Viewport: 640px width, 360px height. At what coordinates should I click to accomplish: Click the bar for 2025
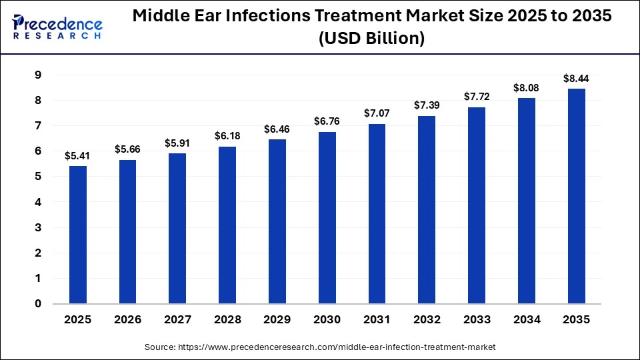(x=78, y=235)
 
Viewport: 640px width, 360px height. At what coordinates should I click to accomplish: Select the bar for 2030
(x=327, y=217)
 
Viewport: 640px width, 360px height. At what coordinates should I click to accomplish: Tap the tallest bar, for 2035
(x=577, y=196)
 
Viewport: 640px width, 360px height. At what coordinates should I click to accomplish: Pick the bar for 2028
(x=227, y=225)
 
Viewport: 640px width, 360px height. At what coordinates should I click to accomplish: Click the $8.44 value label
(x=577, y=79)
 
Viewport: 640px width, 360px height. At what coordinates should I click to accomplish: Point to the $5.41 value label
(x=78, y=156)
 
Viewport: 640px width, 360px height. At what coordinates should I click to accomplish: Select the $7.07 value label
(x=377, y=114)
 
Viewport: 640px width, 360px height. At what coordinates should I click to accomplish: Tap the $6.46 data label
(x=277, y=129)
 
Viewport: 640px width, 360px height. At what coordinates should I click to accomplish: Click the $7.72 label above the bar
(x=477, y=97)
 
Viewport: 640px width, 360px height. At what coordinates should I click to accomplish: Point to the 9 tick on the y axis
(x=38, y=75)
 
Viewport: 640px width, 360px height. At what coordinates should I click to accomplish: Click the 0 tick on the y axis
(x=38, y=304)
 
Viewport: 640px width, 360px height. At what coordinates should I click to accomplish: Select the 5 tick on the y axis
(x=38, y=177)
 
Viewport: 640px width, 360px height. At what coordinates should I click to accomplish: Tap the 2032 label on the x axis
(x=427, y=320)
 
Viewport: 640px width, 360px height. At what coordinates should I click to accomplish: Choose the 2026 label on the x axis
(x=128, y=320)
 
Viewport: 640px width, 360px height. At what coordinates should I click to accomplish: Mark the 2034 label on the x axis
(x=527, y=320)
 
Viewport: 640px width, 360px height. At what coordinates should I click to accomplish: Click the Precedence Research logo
(x=57, y=27)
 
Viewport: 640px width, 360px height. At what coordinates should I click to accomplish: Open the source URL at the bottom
(x=320, y=347)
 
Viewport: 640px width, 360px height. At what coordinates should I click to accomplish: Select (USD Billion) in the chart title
(x=371, y=39)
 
